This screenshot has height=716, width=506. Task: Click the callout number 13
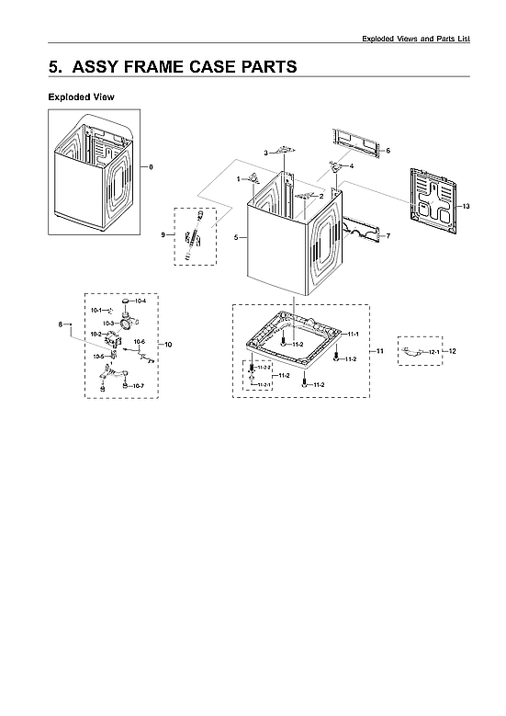click(466, 205)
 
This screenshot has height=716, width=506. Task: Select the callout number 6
click(388, 150)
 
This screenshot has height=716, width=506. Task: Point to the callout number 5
click(236, 237)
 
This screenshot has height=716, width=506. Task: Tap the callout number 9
click(163, 235)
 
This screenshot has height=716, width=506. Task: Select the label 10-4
click(140, 301)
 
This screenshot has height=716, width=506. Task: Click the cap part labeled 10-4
click(123, 301)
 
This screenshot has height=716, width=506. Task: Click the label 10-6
click(139, 341)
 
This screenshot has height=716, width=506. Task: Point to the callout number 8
click(62, 324)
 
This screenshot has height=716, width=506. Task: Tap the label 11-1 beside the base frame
click(353, 334)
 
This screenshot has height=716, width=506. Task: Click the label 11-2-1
click(264, 383)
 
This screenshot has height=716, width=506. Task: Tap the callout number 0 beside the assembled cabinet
click(152, 166)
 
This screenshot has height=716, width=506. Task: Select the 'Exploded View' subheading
click(81, 97)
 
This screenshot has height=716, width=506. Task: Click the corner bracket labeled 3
click(286, 150)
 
